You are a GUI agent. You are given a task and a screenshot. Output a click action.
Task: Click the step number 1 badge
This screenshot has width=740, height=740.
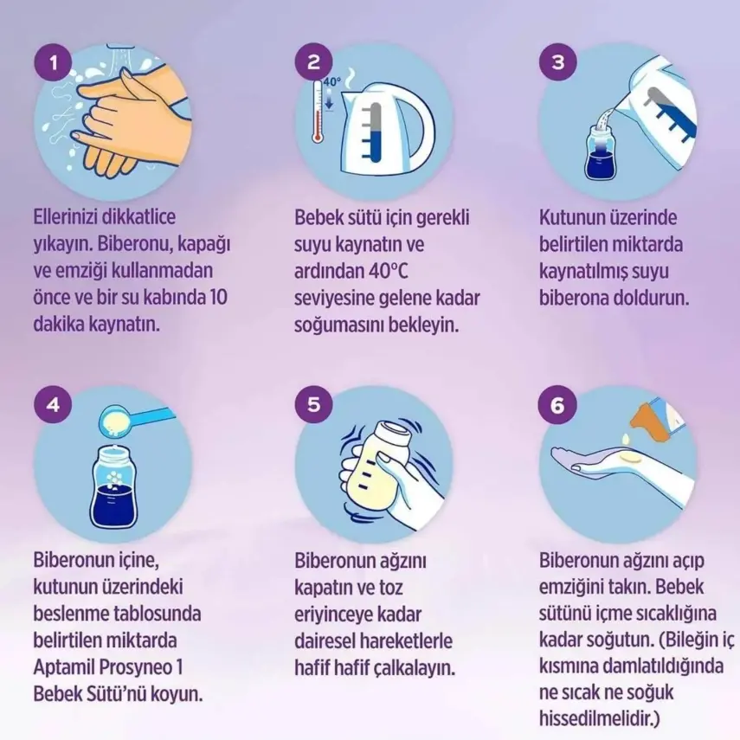[x=55, y=62]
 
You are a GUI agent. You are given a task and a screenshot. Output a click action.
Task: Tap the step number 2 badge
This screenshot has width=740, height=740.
[x=313, y=62]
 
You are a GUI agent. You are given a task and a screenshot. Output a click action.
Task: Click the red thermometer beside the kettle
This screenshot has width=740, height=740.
[x=318, y=113]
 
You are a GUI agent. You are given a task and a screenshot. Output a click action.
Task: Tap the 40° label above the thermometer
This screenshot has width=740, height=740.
[x=332, y=82]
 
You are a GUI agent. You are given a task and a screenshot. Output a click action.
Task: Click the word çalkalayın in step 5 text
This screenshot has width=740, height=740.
[x=412, y=668]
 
